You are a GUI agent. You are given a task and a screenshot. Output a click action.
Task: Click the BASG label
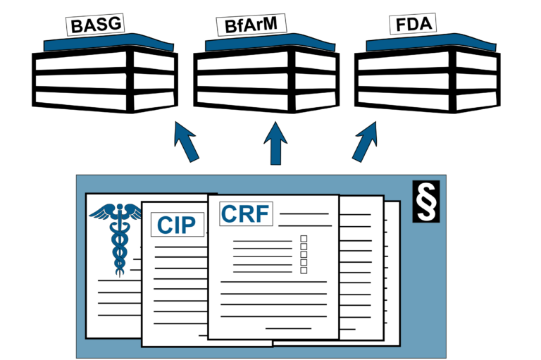click(x=95, y=25)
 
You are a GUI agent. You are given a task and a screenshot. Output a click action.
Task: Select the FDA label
click(x=412, y=25)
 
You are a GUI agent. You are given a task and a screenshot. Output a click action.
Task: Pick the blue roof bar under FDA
click(x=430, y=43)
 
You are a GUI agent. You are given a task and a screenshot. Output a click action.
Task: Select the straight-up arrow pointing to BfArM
click(x=275, y=144)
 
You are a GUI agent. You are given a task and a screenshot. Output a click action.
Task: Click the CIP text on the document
click(x=177, y=225)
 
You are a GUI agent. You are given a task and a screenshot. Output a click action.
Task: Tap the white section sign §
click(x=426, y=201)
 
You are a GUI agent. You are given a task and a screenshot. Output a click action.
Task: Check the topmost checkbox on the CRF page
click(x=304, y=239)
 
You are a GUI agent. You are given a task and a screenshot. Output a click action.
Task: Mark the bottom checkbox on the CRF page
click(x=304, y=270)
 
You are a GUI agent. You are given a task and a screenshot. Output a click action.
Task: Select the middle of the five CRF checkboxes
click(x=304, y=254)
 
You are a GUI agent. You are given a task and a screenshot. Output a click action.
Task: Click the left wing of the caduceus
click(x=101, y=211)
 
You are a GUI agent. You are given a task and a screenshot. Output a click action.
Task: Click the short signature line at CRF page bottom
click(x=288, y=328)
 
